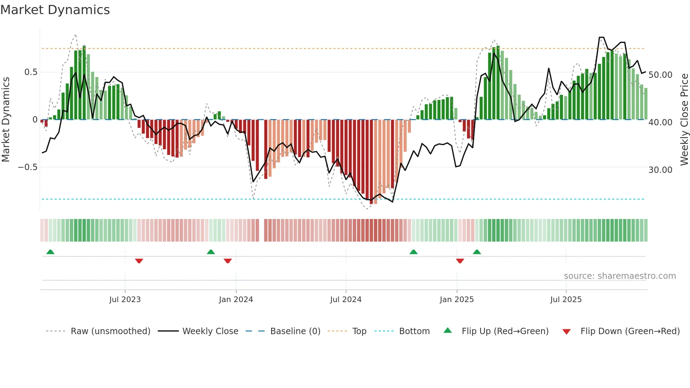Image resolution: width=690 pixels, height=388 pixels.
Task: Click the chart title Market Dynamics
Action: point(55,10)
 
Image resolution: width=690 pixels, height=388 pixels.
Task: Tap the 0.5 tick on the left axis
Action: point(31,72)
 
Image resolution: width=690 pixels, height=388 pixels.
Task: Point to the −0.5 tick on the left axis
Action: point(28,167)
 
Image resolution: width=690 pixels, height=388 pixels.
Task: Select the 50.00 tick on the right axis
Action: point(660,75)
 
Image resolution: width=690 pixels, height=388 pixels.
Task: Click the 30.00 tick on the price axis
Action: point(660,170)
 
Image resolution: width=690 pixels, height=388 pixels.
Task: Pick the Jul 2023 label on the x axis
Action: point(125,300)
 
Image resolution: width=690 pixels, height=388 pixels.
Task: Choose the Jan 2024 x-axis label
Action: point(236,300)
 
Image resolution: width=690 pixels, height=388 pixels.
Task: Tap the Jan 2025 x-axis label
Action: point(457,300)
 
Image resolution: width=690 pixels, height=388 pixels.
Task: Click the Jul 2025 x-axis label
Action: point(566,300)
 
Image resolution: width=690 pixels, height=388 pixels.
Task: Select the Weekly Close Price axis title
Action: point(684,120)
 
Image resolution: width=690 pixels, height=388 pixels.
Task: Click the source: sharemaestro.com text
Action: point(620,276)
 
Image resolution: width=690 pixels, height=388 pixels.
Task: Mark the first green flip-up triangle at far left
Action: point(50,252)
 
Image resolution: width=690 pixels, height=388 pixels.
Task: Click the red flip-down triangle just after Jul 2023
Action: point(139,261)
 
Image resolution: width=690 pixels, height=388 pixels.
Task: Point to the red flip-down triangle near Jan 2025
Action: point(460,261)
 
